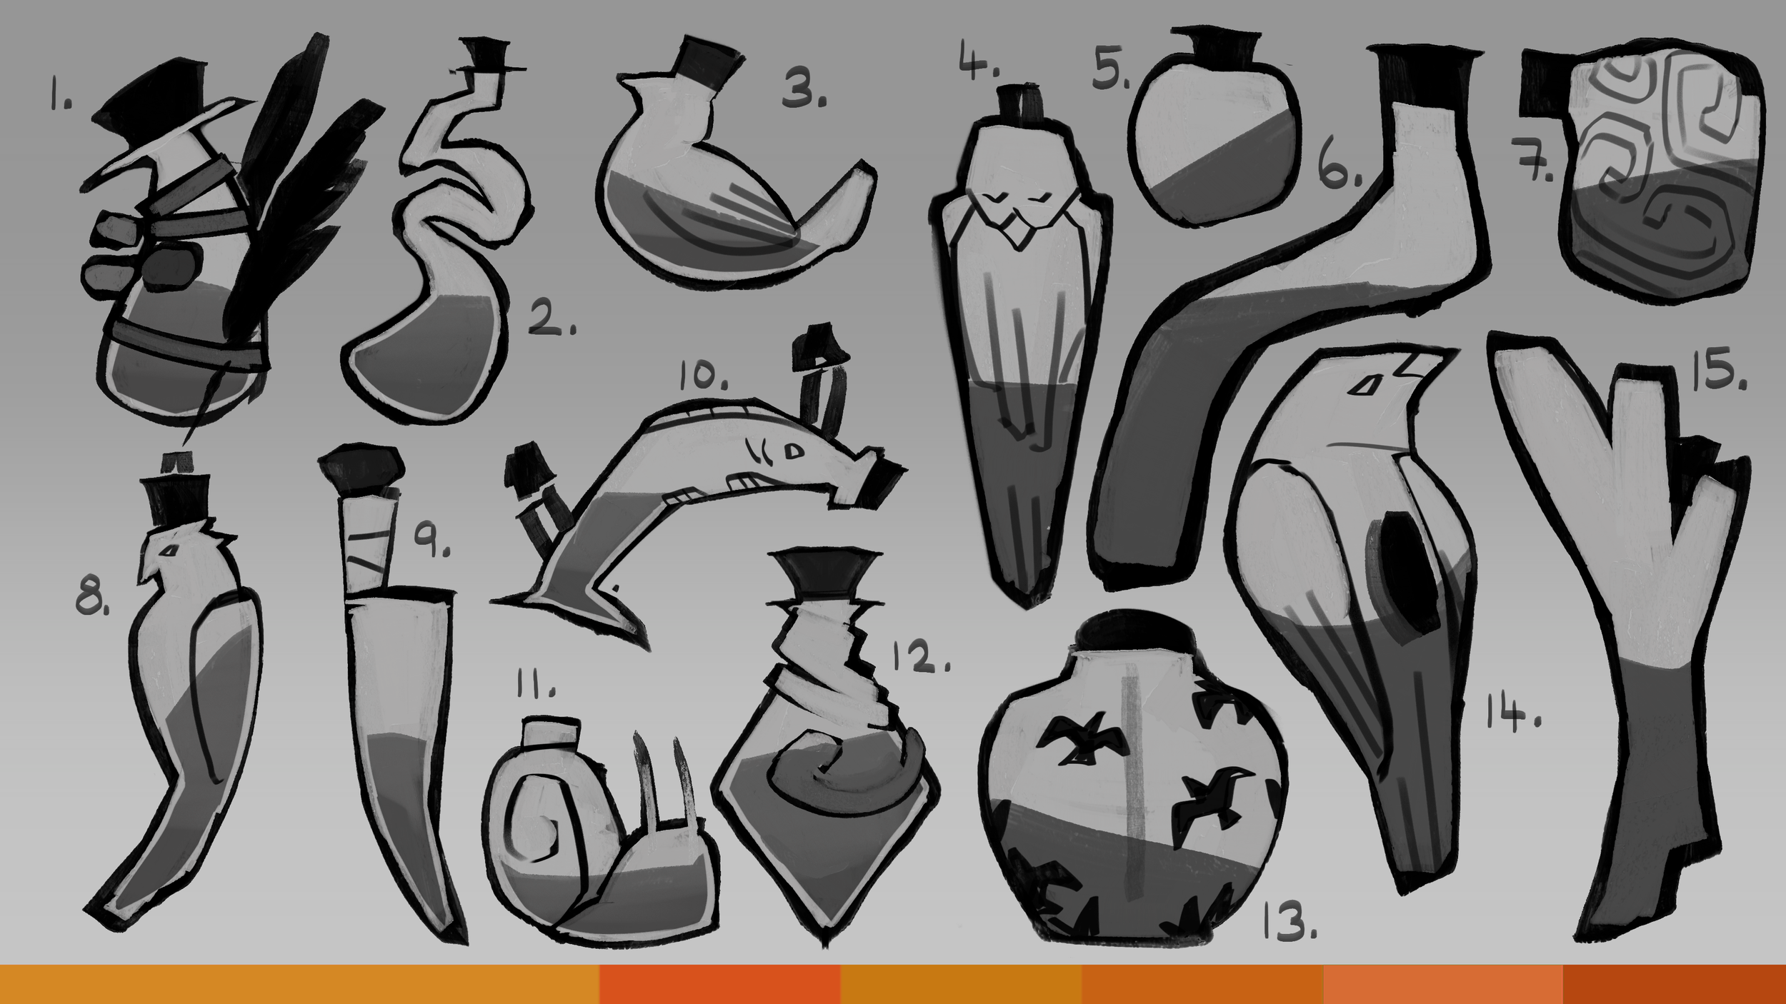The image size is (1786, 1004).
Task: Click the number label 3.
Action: (803, 91)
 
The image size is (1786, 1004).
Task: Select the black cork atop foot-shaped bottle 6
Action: (1422, 75)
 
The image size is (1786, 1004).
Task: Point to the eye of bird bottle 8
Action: (170, 551)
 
